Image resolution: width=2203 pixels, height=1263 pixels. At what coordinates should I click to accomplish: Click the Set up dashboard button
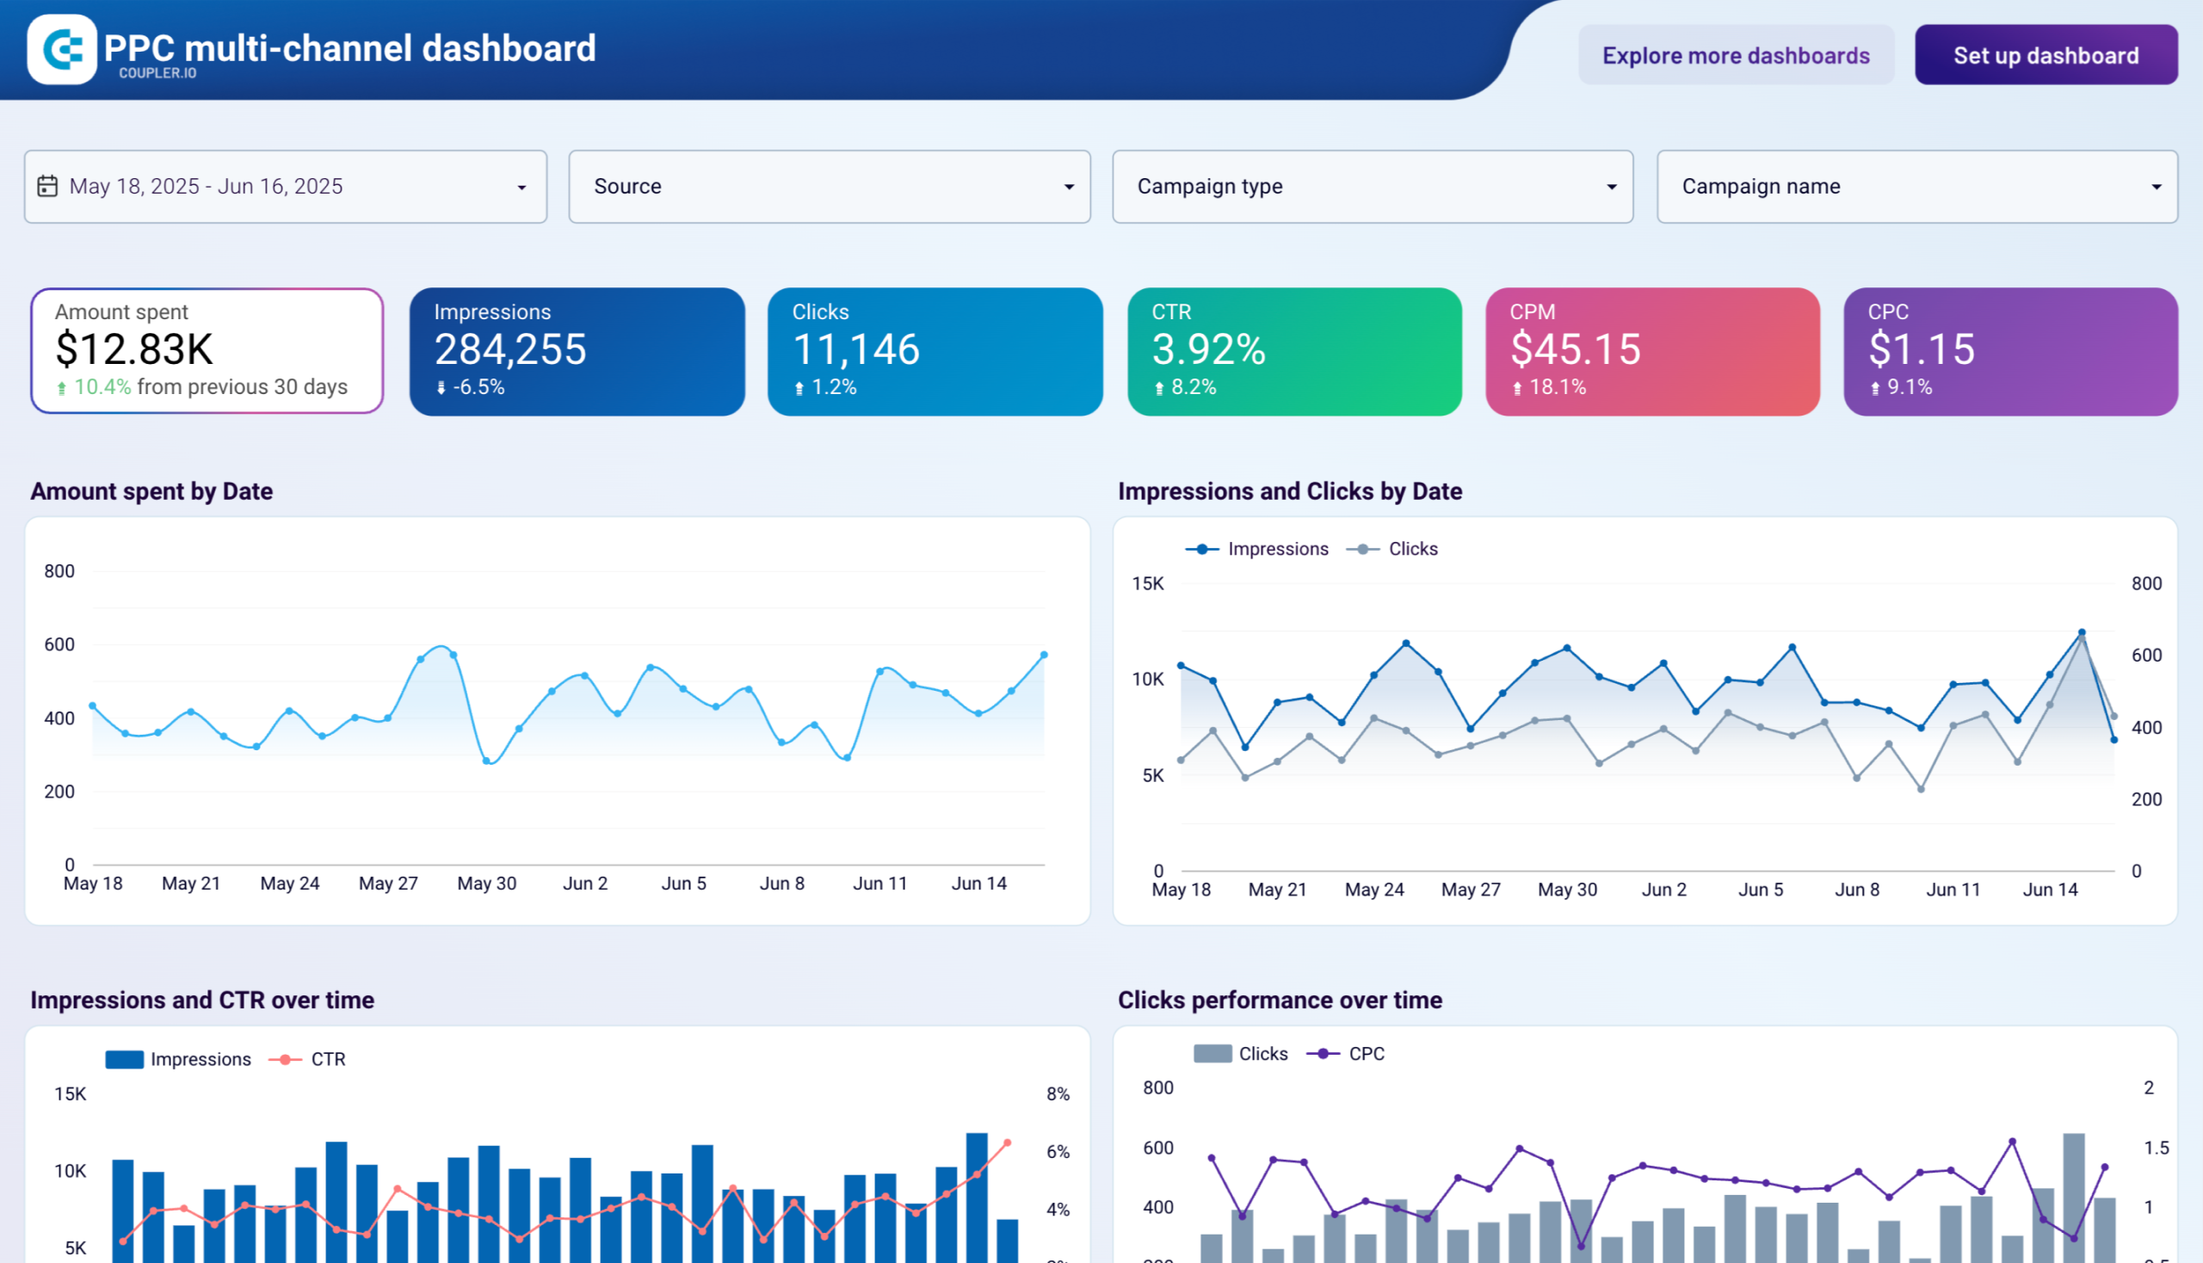tap(2045, 56)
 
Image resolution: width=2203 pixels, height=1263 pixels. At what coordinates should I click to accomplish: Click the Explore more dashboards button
tap(1736, 56)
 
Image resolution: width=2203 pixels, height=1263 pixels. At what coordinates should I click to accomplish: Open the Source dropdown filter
tap(829, 187)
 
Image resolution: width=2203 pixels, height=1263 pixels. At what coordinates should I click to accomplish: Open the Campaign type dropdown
tap(1372, 187)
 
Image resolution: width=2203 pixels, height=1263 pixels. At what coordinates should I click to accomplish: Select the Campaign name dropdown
tap(1916, 187)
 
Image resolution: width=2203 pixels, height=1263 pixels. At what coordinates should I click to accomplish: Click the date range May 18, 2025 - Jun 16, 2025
tap(206, 187)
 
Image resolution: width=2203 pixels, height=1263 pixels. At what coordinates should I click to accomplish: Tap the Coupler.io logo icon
tap(62, 49)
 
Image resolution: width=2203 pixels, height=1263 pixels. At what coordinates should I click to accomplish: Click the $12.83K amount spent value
tap(134, 349)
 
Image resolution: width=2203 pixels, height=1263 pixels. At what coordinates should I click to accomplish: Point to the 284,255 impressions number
tap(510, 349)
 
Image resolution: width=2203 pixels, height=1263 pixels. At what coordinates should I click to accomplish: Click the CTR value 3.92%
tap(1209, 349)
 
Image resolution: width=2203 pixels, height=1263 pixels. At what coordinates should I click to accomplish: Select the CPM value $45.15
tap(1575, 349)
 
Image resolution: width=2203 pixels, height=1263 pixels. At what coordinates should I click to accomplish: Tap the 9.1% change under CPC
tap(1908, 388)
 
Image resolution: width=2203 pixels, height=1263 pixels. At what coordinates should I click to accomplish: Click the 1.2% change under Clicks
tap(833, 388)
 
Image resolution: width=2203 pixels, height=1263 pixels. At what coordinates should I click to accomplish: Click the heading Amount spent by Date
tap(151, 492)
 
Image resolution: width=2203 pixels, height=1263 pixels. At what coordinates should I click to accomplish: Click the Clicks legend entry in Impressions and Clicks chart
tap(1411, 549)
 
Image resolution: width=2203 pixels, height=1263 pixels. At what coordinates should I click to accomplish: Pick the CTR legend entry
tap(327, 1059)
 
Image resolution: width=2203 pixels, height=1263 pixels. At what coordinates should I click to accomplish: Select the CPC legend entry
tap(1366, 1054)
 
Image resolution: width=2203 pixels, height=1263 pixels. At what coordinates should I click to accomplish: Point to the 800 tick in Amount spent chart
tap(59, 571)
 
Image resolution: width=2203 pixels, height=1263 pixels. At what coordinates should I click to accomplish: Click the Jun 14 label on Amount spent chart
tap(978, 884)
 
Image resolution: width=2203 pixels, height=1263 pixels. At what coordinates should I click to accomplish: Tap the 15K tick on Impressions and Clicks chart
tap(1147, 584)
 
